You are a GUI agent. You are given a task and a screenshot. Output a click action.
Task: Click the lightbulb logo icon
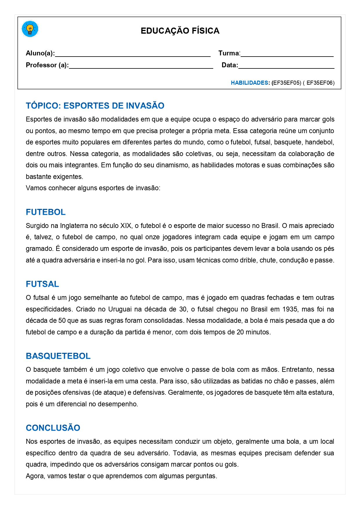click(30, 29)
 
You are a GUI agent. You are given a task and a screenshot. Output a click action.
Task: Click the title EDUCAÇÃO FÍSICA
click(180, 31)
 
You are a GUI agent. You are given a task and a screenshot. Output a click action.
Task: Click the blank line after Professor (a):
click(141, 66)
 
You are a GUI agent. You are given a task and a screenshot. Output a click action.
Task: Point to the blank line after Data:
click(286, 66)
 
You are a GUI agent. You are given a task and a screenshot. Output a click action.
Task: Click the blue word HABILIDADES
click(249, 83)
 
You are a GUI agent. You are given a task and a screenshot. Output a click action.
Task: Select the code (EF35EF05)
click(286, 83)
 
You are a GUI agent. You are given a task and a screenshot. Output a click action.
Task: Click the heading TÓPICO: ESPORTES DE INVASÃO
click(95, 106)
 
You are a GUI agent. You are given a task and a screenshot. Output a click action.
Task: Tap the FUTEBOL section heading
click(46, 212)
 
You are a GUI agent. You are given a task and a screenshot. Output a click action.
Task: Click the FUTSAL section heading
click(42, 284)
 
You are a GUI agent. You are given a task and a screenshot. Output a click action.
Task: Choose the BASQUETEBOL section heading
click(58, 356)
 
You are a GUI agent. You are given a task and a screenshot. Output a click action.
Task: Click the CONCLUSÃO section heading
click(53, 428)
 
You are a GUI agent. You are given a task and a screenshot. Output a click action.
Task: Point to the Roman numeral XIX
click(126, 226)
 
